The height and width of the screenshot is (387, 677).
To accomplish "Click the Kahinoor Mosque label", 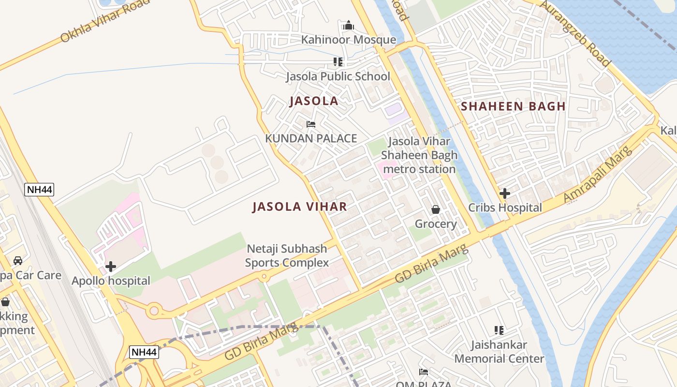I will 348,40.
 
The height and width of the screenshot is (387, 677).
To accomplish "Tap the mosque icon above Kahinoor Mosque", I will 348,26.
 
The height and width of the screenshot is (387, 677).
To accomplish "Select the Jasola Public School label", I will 338,76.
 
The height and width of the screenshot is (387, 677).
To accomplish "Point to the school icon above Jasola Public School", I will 338,62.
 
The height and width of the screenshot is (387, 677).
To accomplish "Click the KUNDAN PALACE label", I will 311,139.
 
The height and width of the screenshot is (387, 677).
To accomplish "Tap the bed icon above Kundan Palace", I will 311,125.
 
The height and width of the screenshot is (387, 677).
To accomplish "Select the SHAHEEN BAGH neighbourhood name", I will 513,106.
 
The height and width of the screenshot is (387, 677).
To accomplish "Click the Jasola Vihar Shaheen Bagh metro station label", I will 419,155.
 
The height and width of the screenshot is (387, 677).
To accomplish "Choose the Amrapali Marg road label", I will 598,174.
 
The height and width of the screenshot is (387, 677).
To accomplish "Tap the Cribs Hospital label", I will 505,208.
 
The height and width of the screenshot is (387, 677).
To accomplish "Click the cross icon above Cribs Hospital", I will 505,193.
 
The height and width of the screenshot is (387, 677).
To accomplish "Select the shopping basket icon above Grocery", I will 436,209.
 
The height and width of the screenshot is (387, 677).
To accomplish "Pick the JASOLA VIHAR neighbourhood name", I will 299,207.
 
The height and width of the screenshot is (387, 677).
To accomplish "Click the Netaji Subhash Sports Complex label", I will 287,256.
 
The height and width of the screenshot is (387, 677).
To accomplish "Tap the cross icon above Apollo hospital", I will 111,267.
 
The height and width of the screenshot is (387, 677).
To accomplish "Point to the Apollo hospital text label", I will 111,281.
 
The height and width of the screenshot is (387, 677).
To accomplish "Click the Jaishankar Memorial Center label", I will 499,352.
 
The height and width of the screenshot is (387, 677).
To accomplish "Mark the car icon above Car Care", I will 18,261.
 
